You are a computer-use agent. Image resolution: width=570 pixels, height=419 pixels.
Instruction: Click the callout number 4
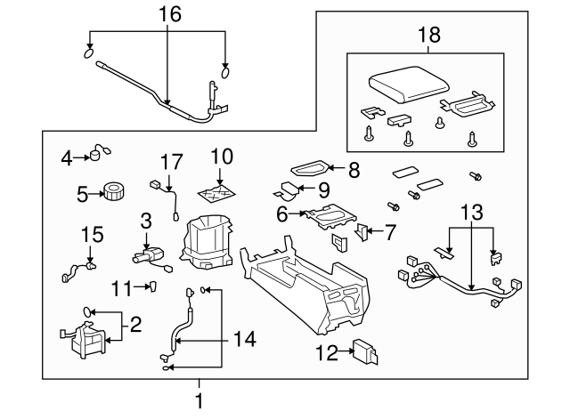click(x=66, y=158)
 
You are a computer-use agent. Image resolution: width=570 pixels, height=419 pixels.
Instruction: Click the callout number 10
click(x=221, y=156)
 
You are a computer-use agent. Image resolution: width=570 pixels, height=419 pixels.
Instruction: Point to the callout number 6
click(x=282, y=214)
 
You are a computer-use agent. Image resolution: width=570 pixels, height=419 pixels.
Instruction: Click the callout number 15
click(x=92, y=234)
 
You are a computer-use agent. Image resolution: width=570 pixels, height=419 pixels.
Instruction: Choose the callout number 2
click(x=135, y=324)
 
